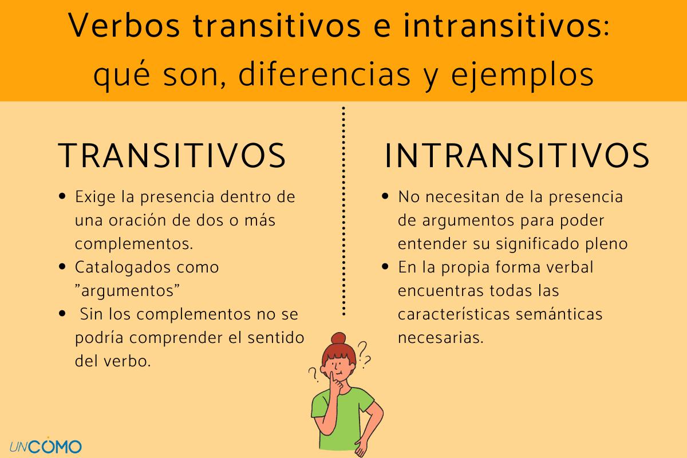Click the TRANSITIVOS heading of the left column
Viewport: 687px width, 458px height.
tap(172, 155)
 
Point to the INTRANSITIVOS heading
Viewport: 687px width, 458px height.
tap(517, 155)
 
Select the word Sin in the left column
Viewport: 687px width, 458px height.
tap(92, 314)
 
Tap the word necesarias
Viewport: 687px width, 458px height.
tap(440, 338)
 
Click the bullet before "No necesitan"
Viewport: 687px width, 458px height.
tap(385, 197)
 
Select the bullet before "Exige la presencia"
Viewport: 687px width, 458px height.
tap(62, 197)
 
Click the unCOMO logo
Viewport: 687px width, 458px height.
tap(45, 445)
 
